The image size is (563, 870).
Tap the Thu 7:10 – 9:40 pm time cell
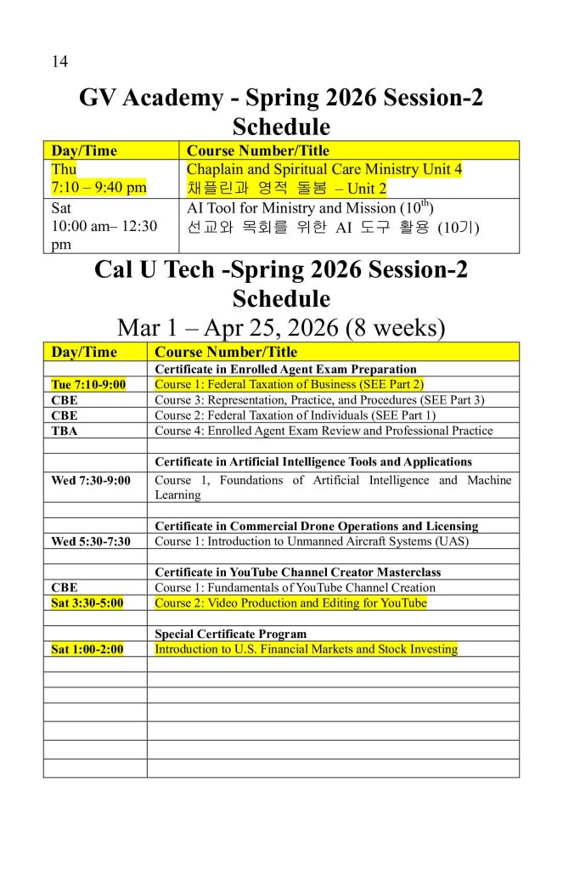pyautogui.click(x=99, y=178)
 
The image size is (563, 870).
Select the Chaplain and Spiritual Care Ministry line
pyautogui.click(x=324, y=170)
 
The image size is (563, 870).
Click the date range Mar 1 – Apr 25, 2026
pyautogui.click(x=281, y=328)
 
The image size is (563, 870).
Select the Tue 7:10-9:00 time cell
pyautogui.click(x=88, y=385)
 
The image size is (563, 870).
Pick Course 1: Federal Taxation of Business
pyautogui.click(x=289, y=385)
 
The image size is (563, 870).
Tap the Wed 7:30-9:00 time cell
pyautogui.click(x=91, y=481)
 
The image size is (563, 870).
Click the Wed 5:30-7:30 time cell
pyautogui.click(x=91, y=542)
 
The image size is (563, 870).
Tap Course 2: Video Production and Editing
pyautogui.click(x=290, y=603)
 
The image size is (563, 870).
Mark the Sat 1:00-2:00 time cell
pyautogui.click(x=87, y=650)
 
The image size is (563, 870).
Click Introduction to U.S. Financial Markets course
pyautogui.click(x=306, y=650)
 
